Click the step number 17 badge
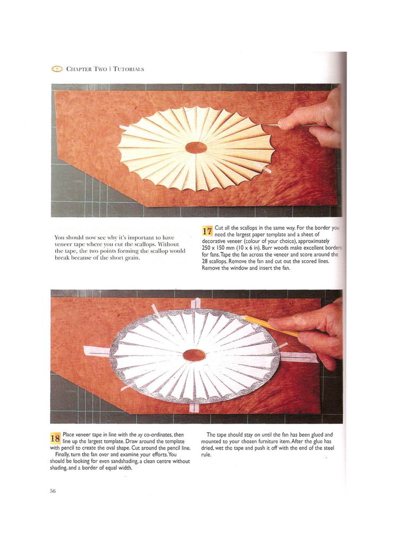[x=207, y=231]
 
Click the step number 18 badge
[x=55, y=438]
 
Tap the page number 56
[x=53, y=491]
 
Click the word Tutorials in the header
[x=128, y=69]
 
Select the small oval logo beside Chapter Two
[x=57, y=69]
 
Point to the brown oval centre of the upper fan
[x=196, y=147]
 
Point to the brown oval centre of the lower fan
[x=194, y=355]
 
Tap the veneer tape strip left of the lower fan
[x=97, y=351]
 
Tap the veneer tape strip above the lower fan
[x=195, y=303]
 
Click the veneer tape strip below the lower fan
[x=194, y=408]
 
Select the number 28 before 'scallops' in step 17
[x=205, y=261]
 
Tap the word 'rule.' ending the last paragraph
[x=206, y=455]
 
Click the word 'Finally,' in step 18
[x=63, y=455]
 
